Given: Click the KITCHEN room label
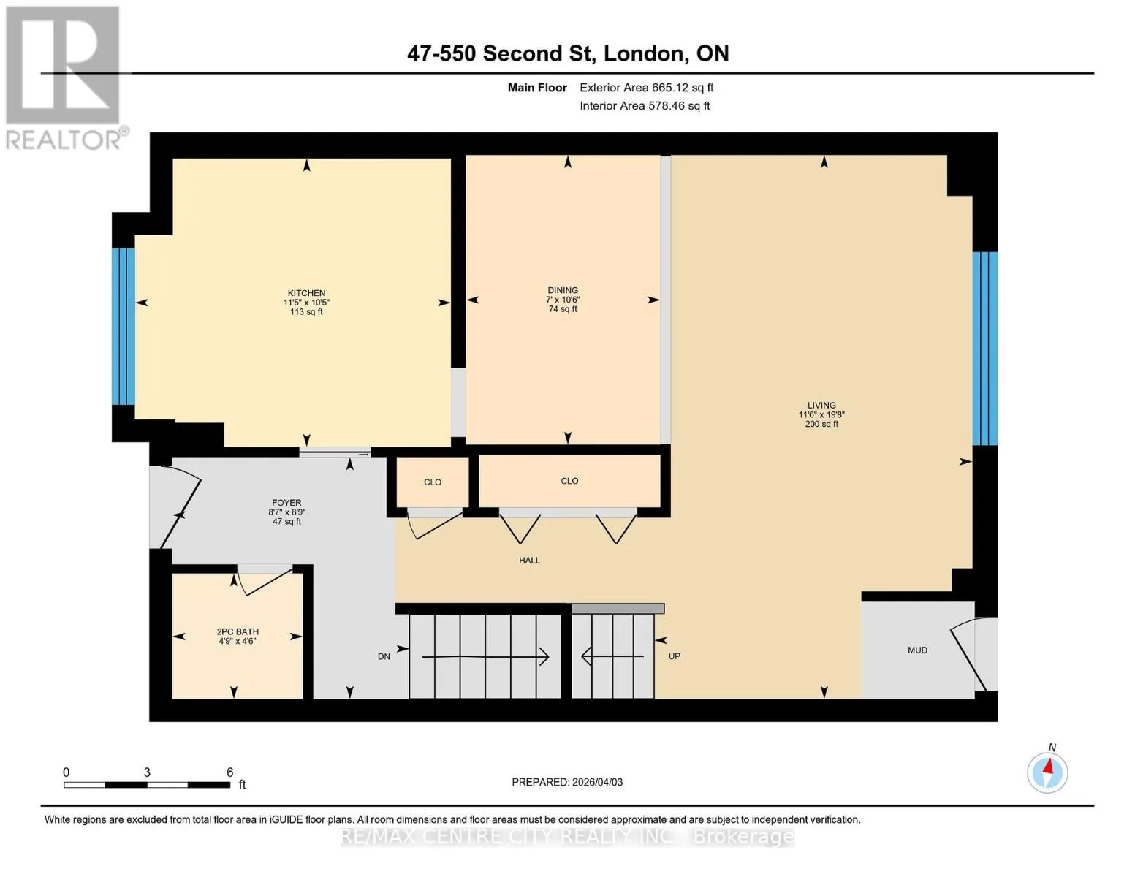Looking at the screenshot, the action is click(306, 293).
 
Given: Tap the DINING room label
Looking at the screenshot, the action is click(563, 290).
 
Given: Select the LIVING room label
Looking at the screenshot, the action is click(821, 405).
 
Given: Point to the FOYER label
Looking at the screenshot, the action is click(286, 503).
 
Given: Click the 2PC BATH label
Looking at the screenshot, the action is click(238, 631).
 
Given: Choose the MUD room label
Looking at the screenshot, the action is click(917, 650).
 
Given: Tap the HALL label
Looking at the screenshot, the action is click(529, 560).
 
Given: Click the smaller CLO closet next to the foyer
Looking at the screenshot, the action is click(433, 482).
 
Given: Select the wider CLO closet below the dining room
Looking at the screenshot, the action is click(569, 481).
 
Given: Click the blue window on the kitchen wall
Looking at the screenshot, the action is click(124, 327).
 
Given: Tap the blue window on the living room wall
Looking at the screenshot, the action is click(984, 349).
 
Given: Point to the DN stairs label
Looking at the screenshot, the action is click(384, 656).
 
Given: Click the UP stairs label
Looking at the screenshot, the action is click(674, 656).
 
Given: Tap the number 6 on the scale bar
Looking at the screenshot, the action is click(229, 772).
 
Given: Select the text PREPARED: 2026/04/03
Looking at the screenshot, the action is click(566, 782).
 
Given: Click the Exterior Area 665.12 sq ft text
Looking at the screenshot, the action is click(646, 88).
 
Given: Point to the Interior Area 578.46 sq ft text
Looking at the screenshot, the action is click(645, 105).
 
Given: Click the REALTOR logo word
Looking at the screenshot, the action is click(63, 140).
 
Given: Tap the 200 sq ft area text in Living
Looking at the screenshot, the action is click(821, 424).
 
